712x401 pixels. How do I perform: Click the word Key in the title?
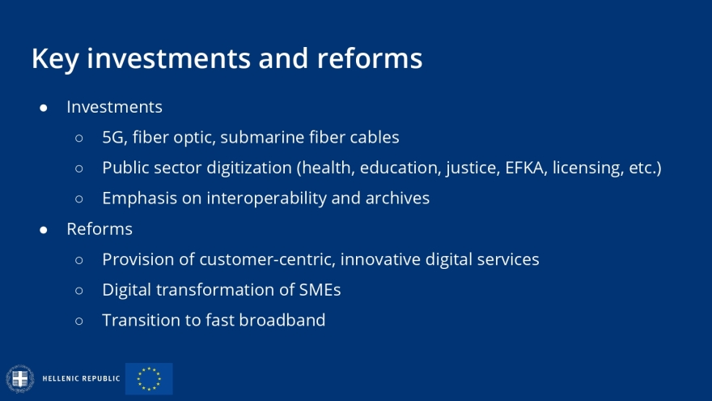pyautogui.click(x=55, y=59)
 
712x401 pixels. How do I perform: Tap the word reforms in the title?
pyautogui.click(x=370, y=58)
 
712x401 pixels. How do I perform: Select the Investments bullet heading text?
pyautogui.click(x=114, y=107)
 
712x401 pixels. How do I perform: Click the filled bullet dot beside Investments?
pyautogui.click(x=44, y=108)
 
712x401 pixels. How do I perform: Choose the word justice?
pyautogui.click(x=473, y=169)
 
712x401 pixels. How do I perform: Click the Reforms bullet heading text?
pyautogui.click(x=100, y=229)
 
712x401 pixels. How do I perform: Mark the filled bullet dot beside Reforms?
pyautogui.click(x=44, y=230)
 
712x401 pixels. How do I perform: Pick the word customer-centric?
pyautogui.click(x=268, y=259)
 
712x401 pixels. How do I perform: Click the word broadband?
pyautogui.click(x=282, y=320)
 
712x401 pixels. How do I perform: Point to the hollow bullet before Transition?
pyautogui.click(x=79, y=322)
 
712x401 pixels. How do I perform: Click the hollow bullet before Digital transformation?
pyautogui.click(x=79, y=291)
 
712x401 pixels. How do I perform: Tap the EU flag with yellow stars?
pyautogui.click(x=149, y=379)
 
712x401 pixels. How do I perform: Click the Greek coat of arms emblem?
pyautogui.click(x=20, y=379)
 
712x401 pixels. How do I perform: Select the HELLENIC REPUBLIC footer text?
pyautogui.click(x=81, y=378)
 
